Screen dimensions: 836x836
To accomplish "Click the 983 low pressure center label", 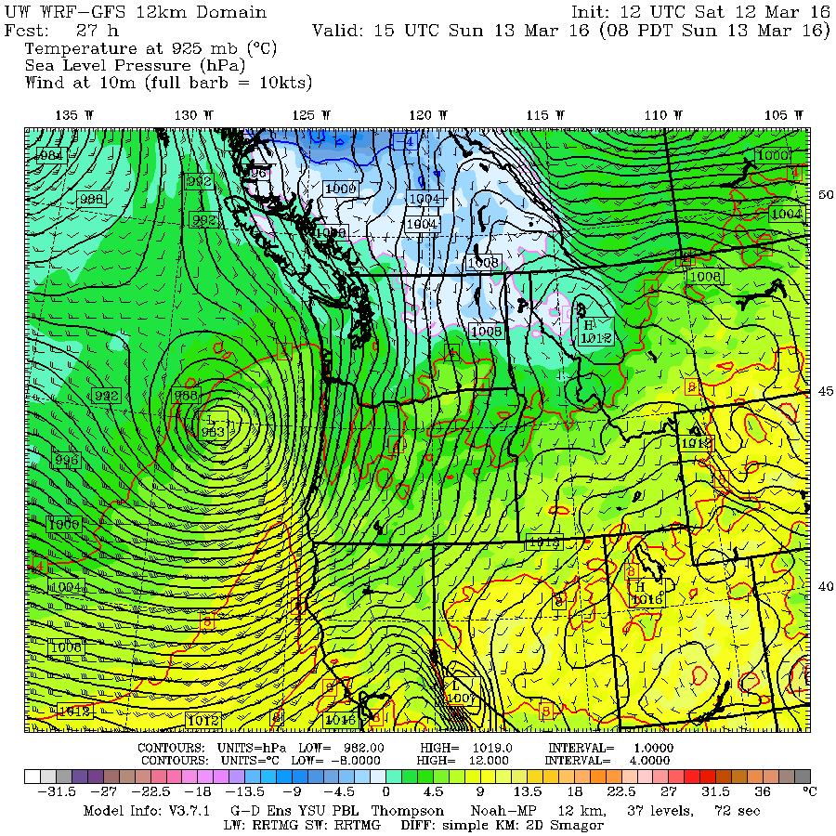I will pyautogui.click(x=213, y=431).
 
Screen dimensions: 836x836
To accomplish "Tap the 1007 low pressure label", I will pyautogui.click(x=462, y=697).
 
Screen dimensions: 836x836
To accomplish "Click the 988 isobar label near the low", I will pyautogui.click(x=187, y=396).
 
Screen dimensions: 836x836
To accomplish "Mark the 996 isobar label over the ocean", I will pyautogui.click(x=67, y=460).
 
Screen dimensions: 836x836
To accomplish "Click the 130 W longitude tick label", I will pyautogui.click(x=193, y=114).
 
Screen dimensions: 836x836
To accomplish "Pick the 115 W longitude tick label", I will pyautogui.click(x=544, y=114).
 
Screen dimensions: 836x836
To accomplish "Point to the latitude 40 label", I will pyautogui.click(x=823, y=585).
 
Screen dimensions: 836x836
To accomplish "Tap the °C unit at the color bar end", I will pyautogui.click(x=808, y=792).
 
